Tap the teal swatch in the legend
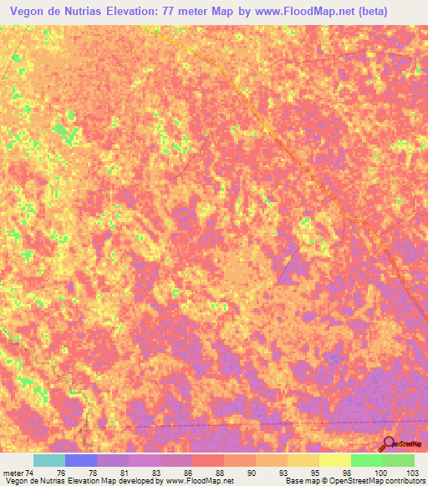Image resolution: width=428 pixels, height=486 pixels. pyautogui.click(x=49, y=460)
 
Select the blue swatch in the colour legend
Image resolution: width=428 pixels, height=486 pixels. pyautogui.click(x=81, y=460)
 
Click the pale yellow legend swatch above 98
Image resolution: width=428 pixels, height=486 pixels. pyautogui.click(x=334, y=460)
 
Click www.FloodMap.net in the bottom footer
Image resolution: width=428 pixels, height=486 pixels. pyautogui.click(x=199, y=481)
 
